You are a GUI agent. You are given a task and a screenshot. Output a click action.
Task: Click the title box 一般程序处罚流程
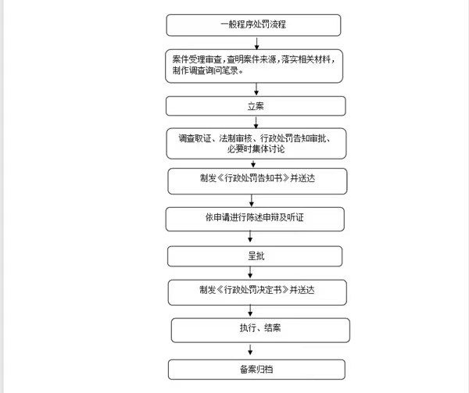point(253,25)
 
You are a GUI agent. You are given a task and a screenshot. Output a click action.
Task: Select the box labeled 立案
point(256,105)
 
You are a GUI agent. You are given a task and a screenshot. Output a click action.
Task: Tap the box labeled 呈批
point(255,256)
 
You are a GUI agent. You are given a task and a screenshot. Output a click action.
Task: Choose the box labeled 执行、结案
point(260,330)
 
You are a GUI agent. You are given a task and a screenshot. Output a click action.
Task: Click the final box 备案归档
point(256,370)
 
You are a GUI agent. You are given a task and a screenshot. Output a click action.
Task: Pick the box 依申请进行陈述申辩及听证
point(255,219)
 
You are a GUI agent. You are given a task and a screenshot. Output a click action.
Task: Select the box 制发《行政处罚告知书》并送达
point(257,181)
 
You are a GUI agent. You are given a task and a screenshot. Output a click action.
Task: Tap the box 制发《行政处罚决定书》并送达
point(257,292)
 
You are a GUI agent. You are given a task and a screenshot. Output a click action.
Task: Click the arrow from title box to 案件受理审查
point(256,43)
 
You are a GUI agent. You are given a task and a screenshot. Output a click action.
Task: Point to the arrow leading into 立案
point(256,89)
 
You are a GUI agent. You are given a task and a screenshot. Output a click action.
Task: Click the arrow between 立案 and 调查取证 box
point(256,122)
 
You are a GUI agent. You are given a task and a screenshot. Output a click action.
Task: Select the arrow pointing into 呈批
point(250,237)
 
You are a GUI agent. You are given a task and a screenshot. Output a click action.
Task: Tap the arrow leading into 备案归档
point(250,349)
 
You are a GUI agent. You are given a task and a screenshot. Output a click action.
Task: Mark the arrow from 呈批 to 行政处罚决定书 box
point(250,272)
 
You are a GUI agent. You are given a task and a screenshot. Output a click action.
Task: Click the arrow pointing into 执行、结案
point(250,310)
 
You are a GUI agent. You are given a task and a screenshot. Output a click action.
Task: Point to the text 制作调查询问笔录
point(205,70)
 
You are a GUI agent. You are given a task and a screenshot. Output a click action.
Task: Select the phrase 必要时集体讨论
point(256,148)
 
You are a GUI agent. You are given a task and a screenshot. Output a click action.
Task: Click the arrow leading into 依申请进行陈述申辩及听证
point(252,201)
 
